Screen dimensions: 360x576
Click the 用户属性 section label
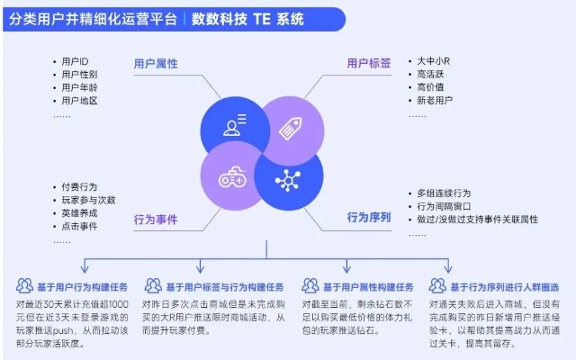[156, 64]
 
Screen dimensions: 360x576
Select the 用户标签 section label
[370, 64]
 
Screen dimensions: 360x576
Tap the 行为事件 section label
[156, 219]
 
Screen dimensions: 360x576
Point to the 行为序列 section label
[370, 217]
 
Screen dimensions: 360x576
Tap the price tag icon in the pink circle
[289, 127]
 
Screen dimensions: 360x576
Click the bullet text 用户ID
[76, 61]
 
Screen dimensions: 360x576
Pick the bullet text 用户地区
[79, 102]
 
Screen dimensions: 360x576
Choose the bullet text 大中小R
[434, 61]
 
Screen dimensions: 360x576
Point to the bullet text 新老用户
[436, 102]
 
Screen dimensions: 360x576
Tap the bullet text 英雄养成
[79, 213]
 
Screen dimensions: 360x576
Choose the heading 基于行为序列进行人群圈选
[500, 286]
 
